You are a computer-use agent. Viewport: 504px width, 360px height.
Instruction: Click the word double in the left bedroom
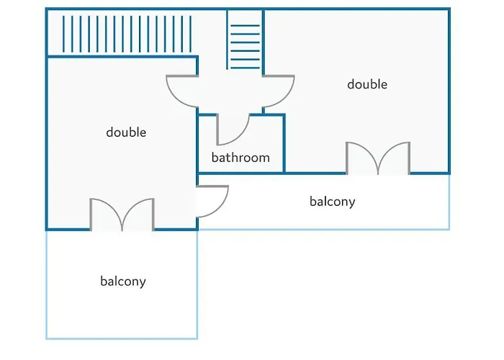tap(126, 132)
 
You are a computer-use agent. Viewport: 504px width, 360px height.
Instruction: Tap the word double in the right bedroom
tap(367, 84)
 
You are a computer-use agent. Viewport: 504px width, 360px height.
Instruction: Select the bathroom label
tap(240, 158)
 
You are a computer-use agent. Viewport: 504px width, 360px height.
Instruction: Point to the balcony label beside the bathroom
tap(332, 202)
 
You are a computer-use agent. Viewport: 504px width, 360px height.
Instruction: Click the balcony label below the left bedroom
tap(122, 282)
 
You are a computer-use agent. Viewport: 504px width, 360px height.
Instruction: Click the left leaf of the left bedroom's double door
tap(106, 214)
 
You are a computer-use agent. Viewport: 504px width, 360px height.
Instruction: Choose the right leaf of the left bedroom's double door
tap(138, 214)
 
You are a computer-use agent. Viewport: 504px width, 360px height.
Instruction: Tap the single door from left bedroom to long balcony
tap(214, 202)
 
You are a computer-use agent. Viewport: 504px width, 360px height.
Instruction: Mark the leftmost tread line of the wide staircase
tap(64, 35)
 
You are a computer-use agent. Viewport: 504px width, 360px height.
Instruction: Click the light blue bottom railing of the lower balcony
tap(122, 338)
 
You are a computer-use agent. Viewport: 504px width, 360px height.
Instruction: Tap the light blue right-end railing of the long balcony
tap(449, 202)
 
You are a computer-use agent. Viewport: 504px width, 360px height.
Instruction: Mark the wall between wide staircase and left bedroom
tap(122, 57)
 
